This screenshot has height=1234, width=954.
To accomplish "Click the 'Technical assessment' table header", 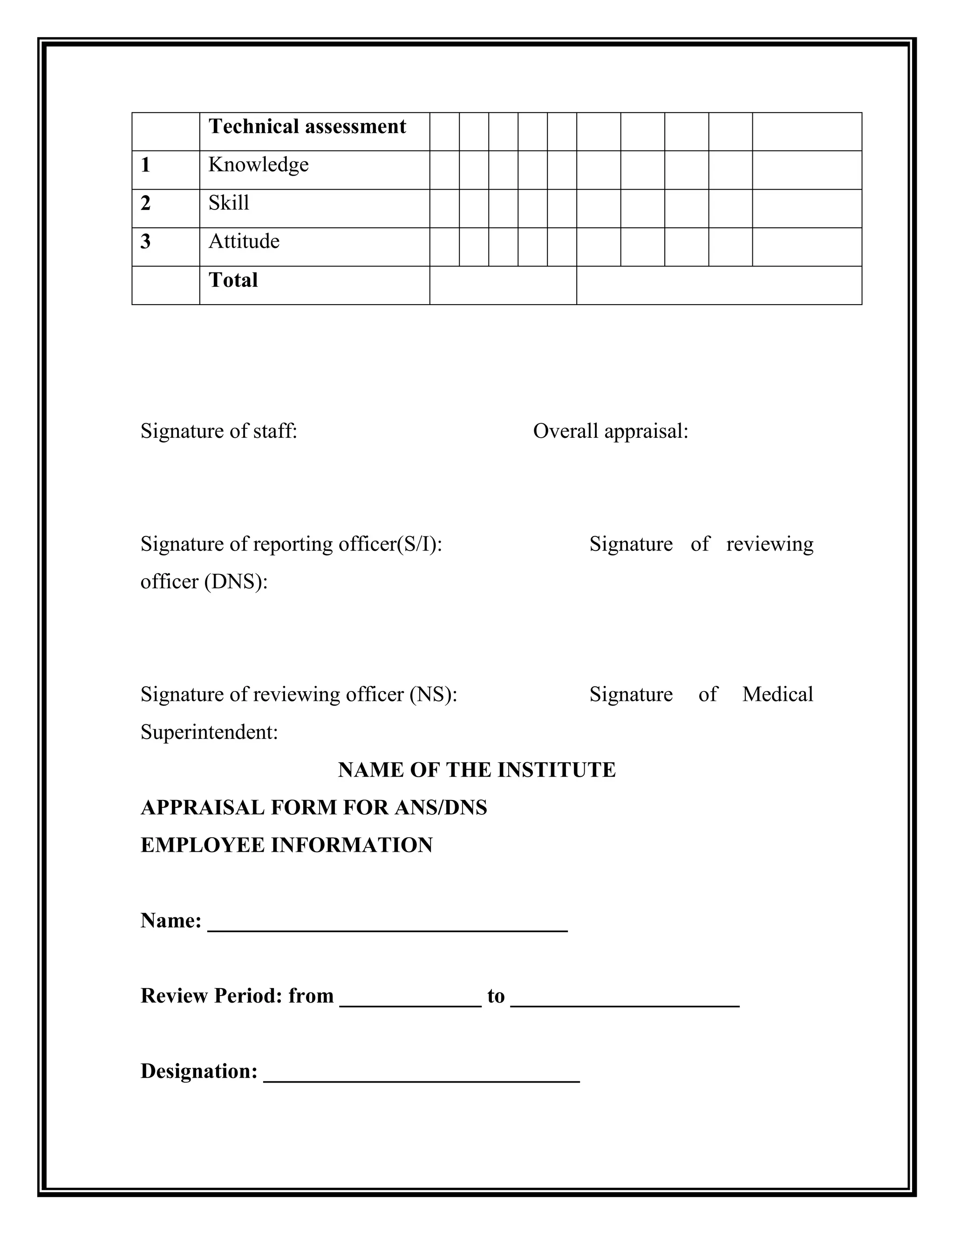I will click(x=307, y=127).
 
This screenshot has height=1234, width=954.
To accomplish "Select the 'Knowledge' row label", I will click(x=258, y=165).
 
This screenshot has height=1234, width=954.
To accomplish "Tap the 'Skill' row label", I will click(x=228, y=203).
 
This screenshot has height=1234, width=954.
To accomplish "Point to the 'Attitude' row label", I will click(x=244, y=242).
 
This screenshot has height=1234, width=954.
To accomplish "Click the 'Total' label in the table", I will click(x=233, y=280).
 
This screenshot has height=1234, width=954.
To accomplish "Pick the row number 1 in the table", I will click(x=145, y=165).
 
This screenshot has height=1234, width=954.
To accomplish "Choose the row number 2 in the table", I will click(x=145, y=203).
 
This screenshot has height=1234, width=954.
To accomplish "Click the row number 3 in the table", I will click(x=145, y=242).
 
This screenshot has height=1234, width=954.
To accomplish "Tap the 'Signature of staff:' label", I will click(x=219, y=431).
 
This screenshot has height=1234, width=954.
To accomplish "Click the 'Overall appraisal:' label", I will click(x=610, y=431).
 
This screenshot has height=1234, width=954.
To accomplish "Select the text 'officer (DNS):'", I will click(x=204, y=582).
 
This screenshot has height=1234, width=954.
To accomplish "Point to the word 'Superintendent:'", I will click(x=209, y=732).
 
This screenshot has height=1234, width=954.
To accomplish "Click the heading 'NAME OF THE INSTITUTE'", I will click(x=477, y=770).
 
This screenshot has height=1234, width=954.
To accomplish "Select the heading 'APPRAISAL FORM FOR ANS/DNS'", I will click(x=313, y=808).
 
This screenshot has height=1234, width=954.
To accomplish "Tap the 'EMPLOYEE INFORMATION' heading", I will click(x=286, y=845).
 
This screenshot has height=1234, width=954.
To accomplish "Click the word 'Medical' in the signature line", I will click(x=777, y=694).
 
